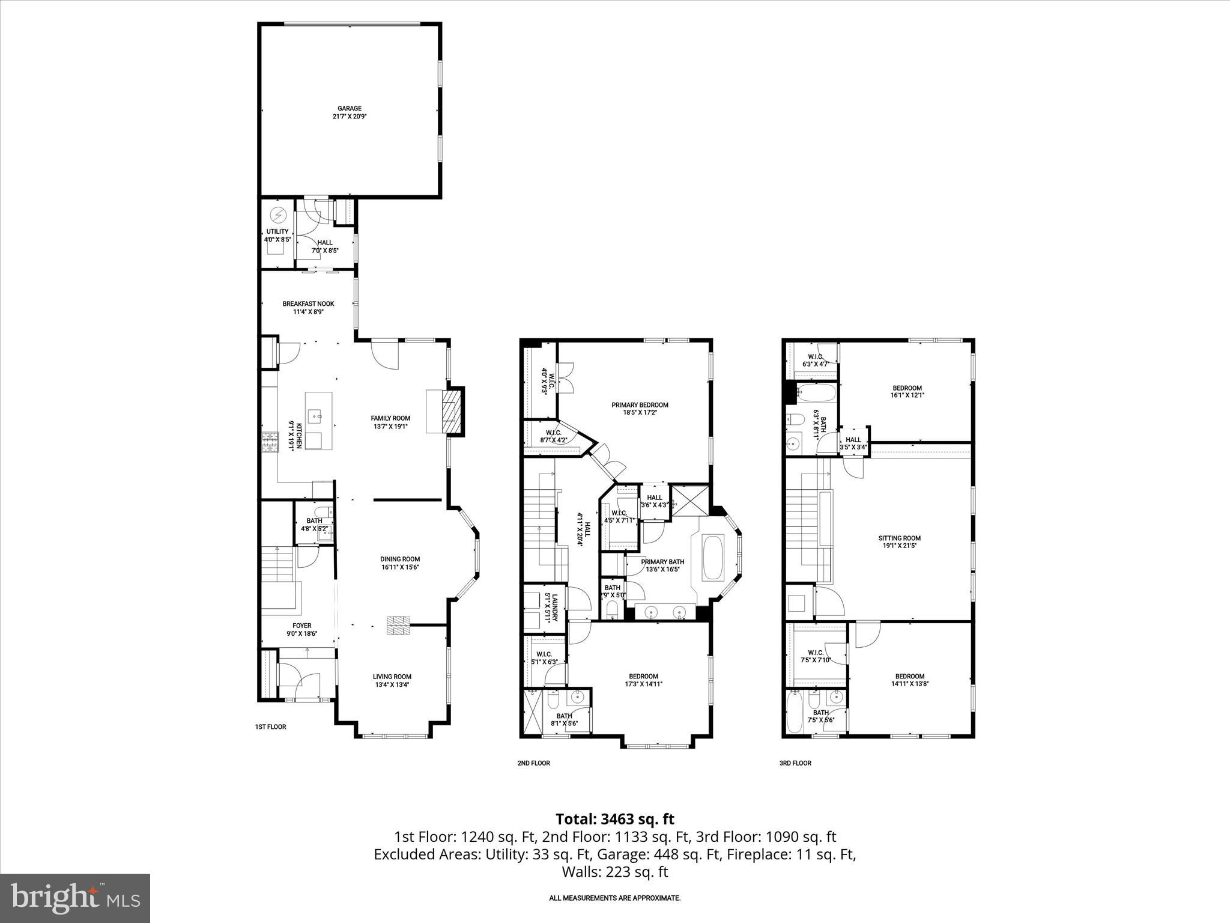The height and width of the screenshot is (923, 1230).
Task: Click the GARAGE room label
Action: click(x=349, y=109)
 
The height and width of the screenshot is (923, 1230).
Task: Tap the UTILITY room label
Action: click(x=277, y=232)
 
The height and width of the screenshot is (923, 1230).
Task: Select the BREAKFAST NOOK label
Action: click(x=308, y=304)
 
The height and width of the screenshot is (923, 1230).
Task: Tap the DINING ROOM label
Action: click(x=400, y=559)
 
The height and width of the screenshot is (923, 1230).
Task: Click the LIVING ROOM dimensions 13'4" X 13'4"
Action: click(x=392, y=685)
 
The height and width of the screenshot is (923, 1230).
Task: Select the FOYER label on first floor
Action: click(x=302, y=626)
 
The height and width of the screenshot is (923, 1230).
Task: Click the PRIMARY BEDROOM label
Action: click(x=640, y=405)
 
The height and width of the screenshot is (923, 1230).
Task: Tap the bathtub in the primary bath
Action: click(x=713, y=558)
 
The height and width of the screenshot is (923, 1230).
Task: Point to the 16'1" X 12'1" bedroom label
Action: click(x=907, y=395)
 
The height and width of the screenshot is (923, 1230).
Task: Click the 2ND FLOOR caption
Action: click(x=533, y=763)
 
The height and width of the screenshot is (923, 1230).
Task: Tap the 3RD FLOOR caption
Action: click(x=795, y=763)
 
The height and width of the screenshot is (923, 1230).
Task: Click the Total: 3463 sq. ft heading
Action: click(x=614, y=819)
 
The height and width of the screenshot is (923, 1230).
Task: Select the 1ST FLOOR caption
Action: click(x=270, y=727)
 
